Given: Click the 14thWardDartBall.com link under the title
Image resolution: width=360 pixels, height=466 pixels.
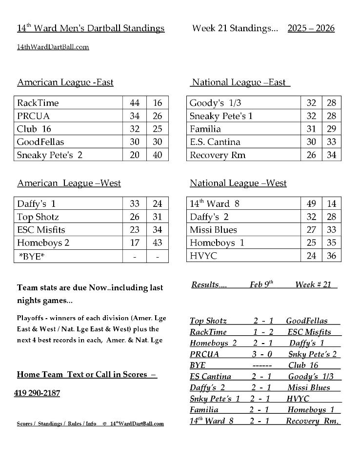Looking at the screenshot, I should [53, 47].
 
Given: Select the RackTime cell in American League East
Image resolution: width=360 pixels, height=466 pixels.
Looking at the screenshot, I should [38, 103].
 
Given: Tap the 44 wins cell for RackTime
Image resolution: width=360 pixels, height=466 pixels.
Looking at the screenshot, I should [135, 103].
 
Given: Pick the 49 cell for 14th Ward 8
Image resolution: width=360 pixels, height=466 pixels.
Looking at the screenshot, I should [311, 204].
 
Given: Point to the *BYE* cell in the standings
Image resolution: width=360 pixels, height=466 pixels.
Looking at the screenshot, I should [32, 256].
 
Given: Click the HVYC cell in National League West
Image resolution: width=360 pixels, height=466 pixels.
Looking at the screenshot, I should [203, 256].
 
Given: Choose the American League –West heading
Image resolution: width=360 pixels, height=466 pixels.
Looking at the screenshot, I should [69, 183].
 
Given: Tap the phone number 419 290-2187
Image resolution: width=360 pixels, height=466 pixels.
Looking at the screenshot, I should [37, 393].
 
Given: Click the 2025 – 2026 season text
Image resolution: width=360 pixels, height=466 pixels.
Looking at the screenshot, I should [311, 28].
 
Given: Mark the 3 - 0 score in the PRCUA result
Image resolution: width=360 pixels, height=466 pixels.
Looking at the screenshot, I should [262, 354].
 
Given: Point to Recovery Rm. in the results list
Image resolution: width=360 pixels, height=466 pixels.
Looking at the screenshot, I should [312, 421].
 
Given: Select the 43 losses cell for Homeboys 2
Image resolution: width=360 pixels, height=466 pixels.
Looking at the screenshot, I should [158, 243].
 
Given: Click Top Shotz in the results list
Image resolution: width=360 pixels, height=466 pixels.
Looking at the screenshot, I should [208, 321].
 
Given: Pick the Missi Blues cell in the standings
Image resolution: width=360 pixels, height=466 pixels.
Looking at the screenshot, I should [213, 230].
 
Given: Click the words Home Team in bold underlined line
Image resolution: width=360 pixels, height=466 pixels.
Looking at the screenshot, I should [41, 375].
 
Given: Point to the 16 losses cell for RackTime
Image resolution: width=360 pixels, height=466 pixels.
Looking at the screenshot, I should [158, 103].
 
